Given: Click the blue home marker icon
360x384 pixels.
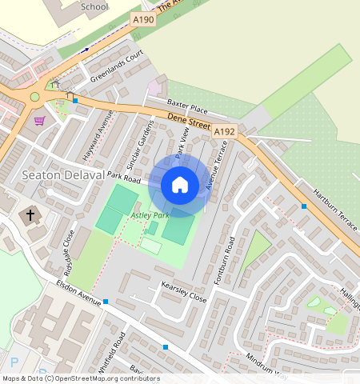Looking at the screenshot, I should click(180, 185).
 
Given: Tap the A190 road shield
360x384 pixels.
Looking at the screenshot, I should click(145, 19).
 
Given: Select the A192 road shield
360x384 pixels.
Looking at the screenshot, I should click(225, 130).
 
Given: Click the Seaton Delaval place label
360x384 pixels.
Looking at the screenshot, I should click(63, 175).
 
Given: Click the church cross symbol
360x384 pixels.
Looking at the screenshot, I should click(31, 214).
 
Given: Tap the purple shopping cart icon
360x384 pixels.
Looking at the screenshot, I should click(40, 120).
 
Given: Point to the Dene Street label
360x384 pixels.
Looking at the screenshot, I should click(189, 122).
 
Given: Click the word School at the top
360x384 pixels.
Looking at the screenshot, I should click(94, 6).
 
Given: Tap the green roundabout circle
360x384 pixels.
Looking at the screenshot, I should click(34, 97).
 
